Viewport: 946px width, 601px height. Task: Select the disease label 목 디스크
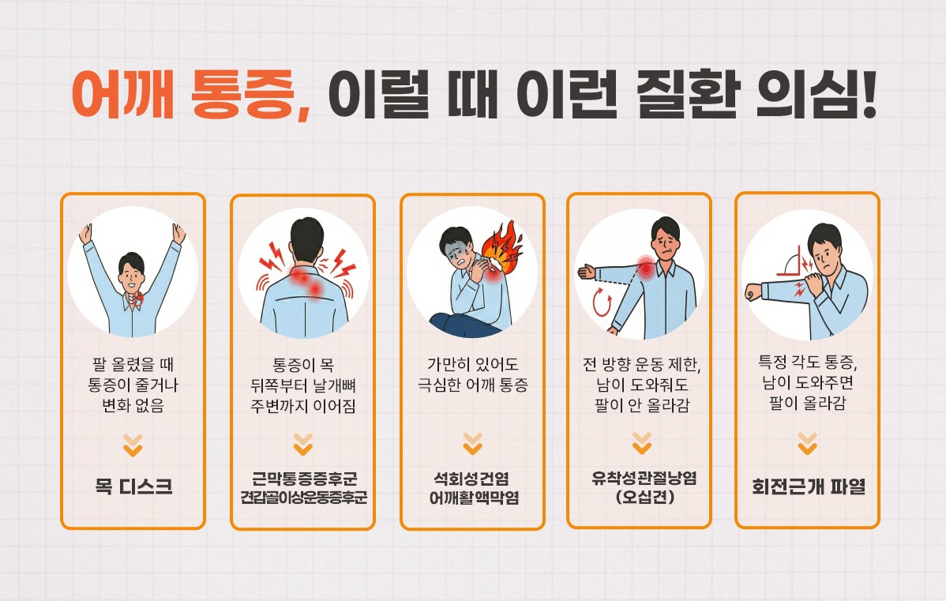point(133,486)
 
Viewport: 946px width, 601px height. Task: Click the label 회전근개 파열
point(808,487)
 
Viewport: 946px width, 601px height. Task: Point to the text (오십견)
point(639,498)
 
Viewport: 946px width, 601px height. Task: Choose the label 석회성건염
point(472,478)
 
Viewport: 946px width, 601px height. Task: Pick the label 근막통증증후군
point(303,479)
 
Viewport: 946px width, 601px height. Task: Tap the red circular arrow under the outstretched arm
point(603,302)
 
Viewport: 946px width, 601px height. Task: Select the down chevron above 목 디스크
point(133,447)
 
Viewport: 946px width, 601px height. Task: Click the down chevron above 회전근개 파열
point(807,444)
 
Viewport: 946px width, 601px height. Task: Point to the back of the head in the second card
point(306,236)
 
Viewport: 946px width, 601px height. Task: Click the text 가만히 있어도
point(472,366)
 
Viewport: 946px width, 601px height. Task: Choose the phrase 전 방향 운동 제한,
point(639,366)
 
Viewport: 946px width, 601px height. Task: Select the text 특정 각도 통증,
point(807,363)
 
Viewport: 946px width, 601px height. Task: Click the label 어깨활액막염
point(472,498)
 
